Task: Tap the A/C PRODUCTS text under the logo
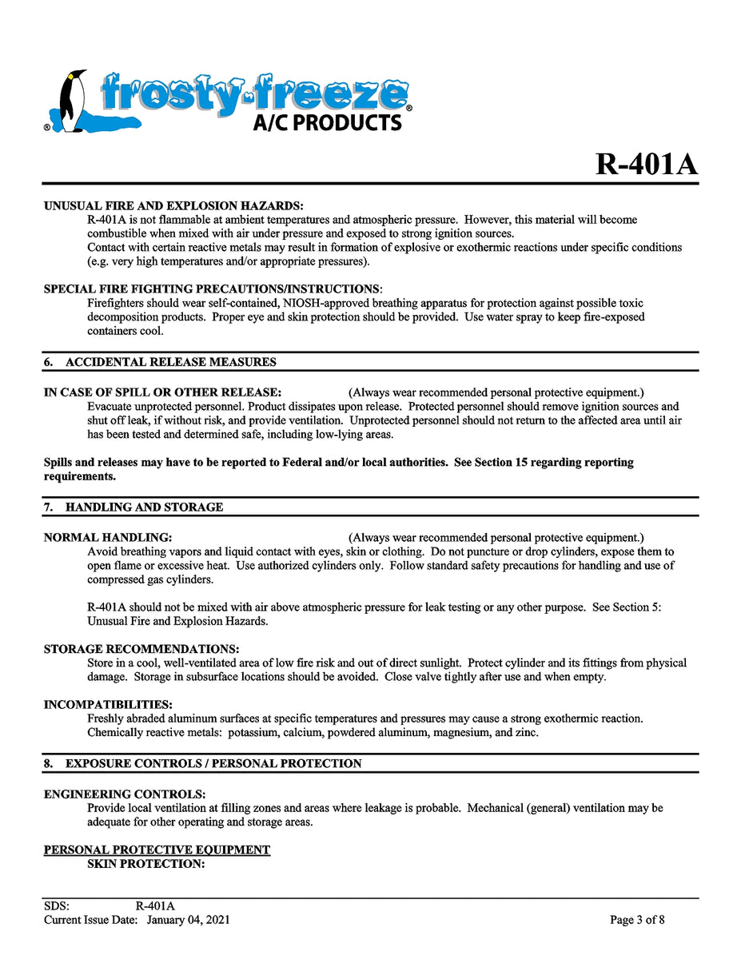327,122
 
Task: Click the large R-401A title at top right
646,164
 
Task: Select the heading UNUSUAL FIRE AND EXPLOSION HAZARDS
173,205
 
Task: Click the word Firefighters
118,303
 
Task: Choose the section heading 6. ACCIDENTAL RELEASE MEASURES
160,362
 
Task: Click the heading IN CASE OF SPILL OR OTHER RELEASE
162,392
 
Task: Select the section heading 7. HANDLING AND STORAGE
133,507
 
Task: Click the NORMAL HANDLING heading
108,537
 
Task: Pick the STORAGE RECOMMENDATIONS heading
141,648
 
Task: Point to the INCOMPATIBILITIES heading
108,704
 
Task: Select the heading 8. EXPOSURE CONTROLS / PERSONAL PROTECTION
202,763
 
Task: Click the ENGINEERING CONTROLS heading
125,794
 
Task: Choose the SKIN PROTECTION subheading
147,864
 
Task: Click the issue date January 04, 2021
188,920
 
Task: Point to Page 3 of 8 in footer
637,920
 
